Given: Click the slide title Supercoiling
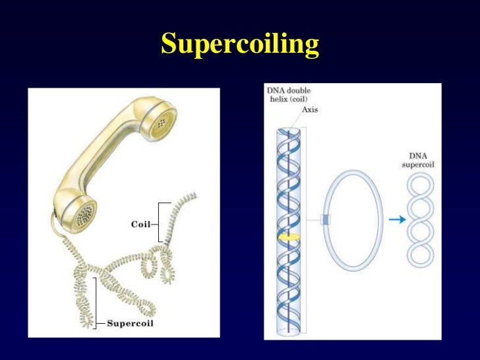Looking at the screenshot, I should pyautogui.click(x=240, y=45).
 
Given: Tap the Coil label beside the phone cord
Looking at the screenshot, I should pyautogui.click(x=140, y=223).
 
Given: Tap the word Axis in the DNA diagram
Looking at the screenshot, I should pyautogui.click(x=309, y=109).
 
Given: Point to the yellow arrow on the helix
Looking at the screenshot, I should pyautogui.click(x=289, y=234).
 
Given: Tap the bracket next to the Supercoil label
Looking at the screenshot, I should pyautogui.click(x=98, y=301).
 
